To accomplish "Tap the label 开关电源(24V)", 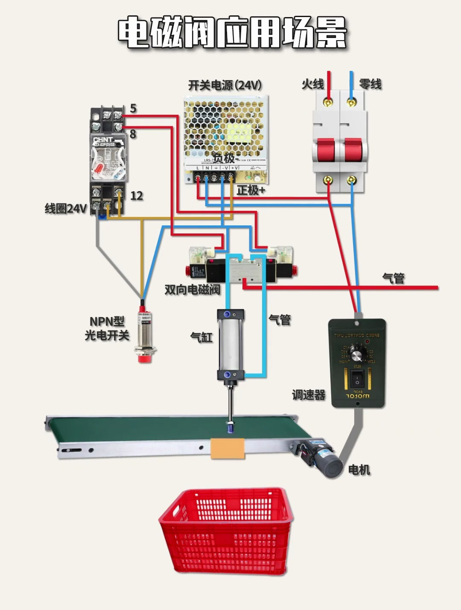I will (x=225, y=85).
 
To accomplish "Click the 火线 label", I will (x=312, y=84).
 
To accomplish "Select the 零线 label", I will (x=370, y=84).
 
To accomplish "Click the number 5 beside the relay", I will (x=133, y=108).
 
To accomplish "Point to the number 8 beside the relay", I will (x=133, y=134).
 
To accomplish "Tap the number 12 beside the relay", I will (x=137, y=196).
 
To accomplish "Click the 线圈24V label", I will (x=65, y=209).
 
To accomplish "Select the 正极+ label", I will (x=251, y=190).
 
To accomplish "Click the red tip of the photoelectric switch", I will (x=145, y=358).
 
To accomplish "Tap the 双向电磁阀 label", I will (x=193, y=290).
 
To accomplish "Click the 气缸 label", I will (x=201, y=337).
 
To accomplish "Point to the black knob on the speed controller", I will (x=356, y=353).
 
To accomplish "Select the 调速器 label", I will (x=309, y=395).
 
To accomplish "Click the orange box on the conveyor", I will (x=228, y=448).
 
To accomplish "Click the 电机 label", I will (x=359, y=470).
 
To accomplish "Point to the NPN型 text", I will (x=107, y=321).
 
